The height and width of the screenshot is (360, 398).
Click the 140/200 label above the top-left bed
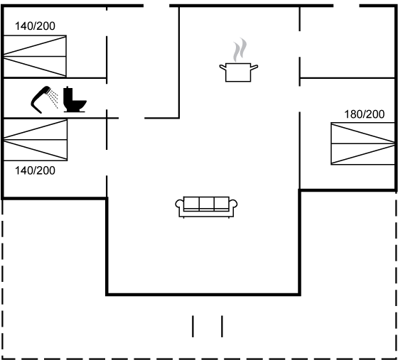coord(35,26)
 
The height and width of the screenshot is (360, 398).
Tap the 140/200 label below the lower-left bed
coord(35,170)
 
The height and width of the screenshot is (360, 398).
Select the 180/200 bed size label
coord(364,114)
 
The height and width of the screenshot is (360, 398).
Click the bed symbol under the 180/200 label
coord(363,143)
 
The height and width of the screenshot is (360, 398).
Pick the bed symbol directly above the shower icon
coord(35,56)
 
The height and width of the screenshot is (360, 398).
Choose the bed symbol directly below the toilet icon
coord(36,140)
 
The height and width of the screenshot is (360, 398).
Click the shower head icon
coord(41,99)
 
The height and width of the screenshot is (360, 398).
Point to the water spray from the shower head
coord(53,99)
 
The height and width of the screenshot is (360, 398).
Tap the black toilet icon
coord(75,99)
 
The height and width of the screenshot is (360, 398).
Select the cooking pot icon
coord(239,72)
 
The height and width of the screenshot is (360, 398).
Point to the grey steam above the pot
coord(240,50)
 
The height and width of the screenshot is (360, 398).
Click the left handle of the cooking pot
coord(223,67)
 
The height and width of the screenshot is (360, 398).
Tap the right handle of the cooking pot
coord(254,67)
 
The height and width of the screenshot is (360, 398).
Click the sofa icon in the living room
coord(206,207)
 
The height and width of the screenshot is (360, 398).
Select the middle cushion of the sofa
coord(207,204)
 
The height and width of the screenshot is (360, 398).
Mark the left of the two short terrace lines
coord(193,327)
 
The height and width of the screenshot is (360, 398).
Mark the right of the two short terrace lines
coord(222,327)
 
